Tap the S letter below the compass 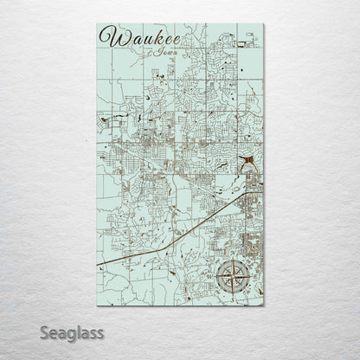[x=231, y=297]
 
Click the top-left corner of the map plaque [x=97, y=24]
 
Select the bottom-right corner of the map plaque [x=264, y=305]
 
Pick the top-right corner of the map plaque [x=264, y=24]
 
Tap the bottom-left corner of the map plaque [x=97, y=305]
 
